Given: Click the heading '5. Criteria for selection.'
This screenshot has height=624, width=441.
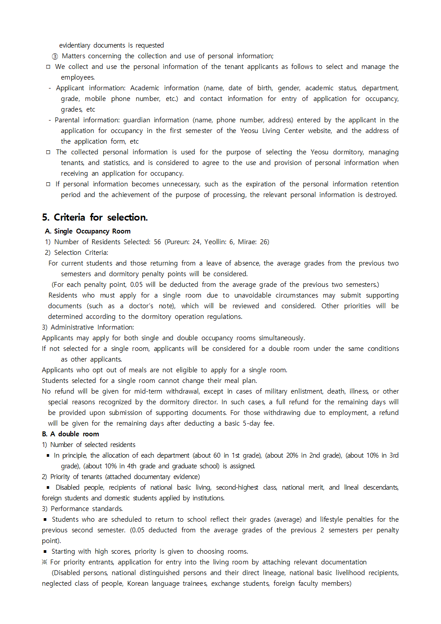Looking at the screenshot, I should [x=95, y=217].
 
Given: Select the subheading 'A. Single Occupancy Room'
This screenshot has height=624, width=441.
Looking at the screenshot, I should [x=88, y=231].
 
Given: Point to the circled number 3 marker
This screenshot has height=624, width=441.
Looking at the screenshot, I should [x=55, y=56].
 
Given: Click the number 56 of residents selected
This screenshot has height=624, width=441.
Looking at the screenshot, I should [x=157, y=242].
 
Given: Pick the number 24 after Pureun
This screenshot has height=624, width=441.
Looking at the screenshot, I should [x=196, y=242].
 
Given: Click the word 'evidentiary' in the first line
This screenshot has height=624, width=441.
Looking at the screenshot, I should [x=74, y=45].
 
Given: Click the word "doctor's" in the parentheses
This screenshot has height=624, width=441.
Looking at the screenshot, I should [x=141, y=306].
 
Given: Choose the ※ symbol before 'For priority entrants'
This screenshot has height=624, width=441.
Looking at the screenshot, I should [x=44, y=562].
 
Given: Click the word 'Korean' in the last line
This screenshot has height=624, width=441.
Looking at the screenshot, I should [x=137, y=584].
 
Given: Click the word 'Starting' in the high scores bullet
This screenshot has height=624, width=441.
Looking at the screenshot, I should [x=65, y=552].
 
